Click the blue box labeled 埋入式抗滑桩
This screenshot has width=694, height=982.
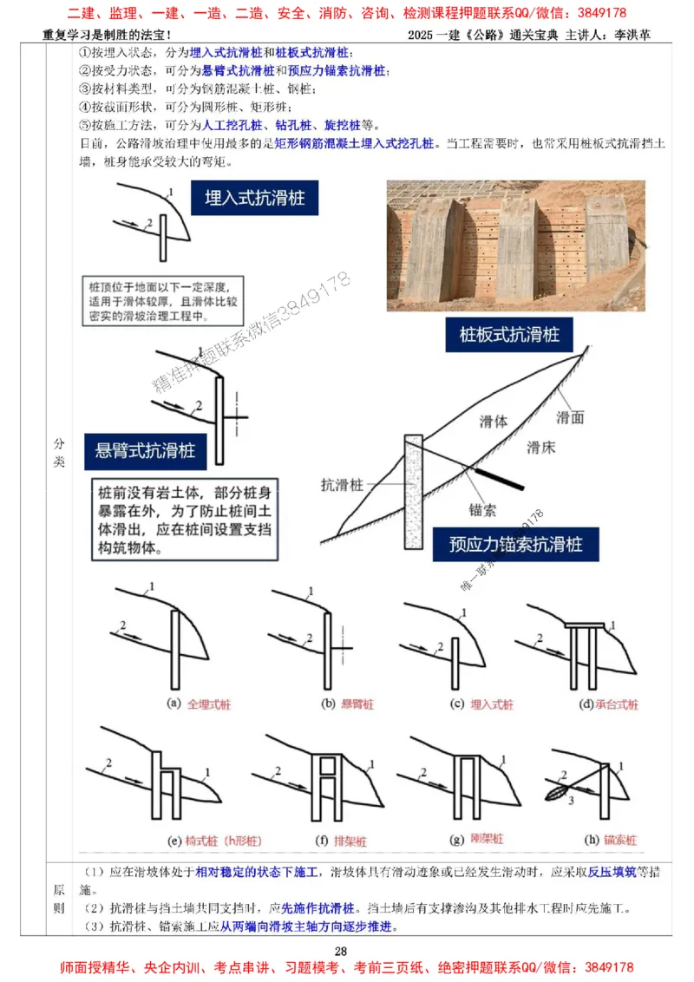pos(254,198)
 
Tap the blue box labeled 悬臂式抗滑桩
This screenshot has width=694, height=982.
pos(146,451)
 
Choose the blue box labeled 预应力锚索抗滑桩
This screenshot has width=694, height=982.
pos(515,544)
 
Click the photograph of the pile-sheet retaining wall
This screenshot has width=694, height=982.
pos(515,245)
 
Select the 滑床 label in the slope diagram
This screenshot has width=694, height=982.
pos(541,448)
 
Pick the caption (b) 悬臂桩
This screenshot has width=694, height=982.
pos(341,704)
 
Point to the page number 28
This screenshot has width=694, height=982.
pos(341,953)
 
